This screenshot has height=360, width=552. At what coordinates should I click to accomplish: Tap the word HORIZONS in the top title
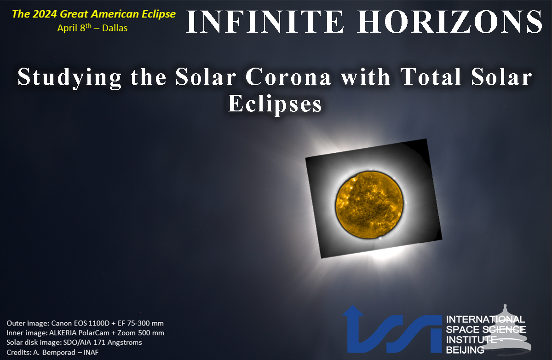click(x=450, y=22)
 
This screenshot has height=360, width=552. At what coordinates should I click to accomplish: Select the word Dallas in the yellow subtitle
click(x=115, y=28)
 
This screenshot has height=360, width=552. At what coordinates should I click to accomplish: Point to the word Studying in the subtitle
click(x=70, y=78)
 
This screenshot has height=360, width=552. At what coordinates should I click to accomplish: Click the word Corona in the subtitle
click(x=288, y=77)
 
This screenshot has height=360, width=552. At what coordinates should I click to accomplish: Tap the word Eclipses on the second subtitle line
click(x=275, y=105)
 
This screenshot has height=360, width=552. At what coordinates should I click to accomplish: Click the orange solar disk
click(x=370, y=205)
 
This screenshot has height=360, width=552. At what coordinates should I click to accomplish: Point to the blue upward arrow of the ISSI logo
click(x=353, y=328)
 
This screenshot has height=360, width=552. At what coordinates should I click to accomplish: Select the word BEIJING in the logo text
click(x=465, y=350)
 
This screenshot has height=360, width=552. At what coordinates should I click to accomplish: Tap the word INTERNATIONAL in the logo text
click(x=485, y=319)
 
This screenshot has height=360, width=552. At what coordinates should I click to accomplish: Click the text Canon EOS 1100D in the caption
click(x=80, y=323)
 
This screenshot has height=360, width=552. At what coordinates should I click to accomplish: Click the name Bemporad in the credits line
click(x=59, y=353)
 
